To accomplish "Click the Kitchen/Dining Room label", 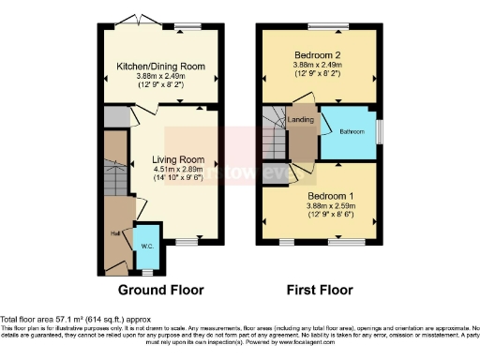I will pyautogui.click(x=159, y=67).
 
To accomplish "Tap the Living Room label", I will pyautogui.click(x=178, y=160).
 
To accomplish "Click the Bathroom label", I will pyautogui.click(x=354, y=130).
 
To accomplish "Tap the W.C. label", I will pyautogui.click(x=147, y=246).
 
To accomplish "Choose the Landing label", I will pyautogui.click(x=301, y=120).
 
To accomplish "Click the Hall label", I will pyautogui.click(x=115, y=234).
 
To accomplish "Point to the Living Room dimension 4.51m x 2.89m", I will pyautogui.click(x=178, y=172).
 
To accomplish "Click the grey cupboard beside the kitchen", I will pyautogui.click(x=116, y=117).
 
